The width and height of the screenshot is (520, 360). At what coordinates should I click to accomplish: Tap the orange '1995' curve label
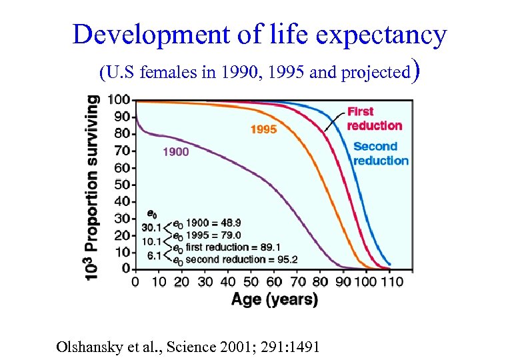(x=263, y=129)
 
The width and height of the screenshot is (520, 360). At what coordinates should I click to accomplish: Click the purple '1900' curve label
(x=175, y=151)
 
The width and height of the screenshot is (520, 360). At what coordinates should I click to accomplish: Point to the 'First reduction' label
(x=374, y=119)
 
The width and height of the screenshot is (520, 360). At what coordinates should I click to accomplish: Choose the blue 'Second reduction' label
(x=380, y=153)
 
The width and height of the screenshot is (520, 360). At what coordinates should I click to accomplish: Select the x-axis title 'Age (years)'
(x=274, y=299)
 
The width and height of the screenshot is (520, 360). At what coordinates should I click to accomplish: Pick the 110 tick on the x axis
(x=391, y=281)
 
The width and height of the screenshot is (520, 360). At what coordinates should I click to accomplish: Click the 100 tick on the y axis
(x=119, y=100)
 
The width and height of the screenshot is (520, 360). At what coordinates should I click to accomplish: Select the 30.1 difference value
(x=151, y=228)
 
